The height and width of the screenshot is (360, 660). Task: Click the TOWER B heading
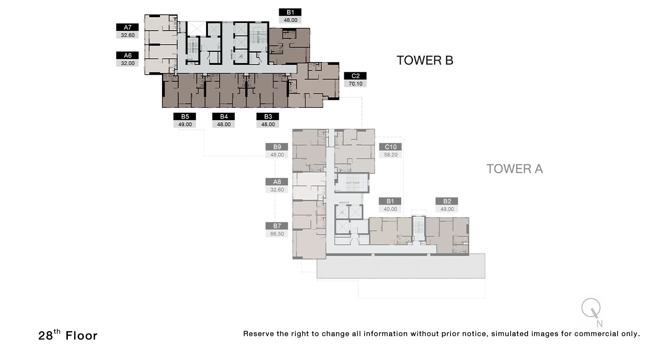coord(425,60)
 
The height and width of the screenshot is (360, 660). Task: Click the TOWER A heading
coord(515,169)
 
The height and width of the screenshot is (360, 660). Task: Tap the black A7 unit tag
coord(127,27)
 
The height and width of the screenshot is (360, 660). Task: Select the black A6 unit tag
coord(127,56)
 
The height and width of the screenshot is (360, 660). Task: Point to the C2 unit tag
coord(355,76)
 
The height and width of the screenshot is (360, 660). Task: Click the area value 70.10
coord(355,84)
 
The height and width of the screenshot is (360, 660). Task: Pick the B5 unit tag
coord(185,117)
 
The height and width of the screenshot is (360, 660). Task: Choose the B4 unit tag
coord(224,117)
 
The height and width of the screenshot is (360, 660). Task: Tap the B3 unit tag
coord(268,117)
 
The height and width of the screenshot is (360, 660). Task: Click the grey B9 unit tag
coord(277,147)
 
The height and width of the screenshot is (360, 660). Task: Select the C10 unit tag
coord(391,147)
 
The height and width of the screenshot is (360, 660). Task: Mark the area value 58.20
coord(391,155)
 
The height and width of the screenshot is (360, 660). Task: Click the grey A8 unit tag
coord(277,182)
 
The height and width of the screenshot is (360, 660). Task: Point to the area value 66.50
coord(277,234)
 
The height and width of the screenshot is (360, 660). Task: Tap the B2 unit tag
coord(447,201)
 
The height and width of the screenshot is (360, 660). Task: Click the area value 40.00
coord(391,209)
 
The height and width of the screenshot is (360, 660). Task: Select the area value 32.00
coord(127,63)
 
